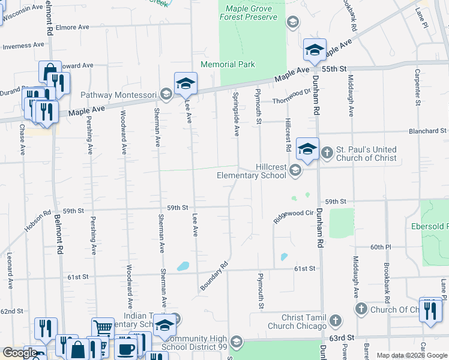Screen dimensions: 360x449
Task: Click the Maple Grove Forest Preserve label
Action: (252, 13)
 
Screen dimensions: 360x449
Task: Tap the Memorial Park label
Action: (228, 64)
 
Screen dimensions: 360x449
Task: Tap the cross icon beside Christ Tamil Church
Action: (337, 321)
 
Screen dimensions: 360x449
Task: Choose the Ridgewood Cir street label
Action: (294, 217)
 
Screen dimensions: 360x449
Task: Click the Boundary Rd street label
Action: (214, 276)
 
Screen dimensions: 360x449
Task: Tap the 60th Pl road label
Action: (381, 247)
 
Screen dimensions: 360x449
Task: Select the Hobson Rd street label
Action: (38, 220)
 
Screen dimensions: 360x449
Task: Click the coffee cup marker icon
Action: (125, 348)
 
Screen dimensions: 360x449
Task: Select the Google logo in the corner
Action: (20, 353)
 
